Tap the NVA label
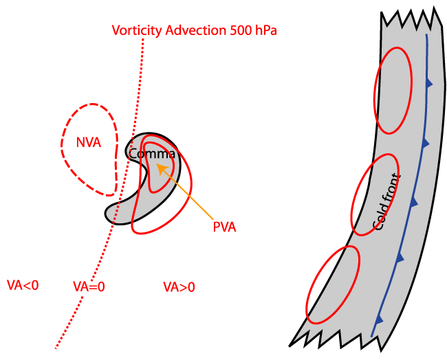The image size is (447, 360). pos(89,143)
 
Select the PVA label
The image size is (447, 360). pos(224,227)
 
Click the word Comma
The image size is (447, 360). pos(152,154)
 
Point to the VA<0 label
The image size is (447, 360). pos(22,285)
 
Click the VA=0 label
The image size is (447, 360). pos(89,286)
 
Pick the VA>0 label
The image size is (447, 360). pos(179,286)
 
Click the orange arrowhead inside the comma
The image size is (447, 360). pos(160,168)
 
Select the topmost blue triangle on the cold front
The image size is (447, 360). pos(430,83)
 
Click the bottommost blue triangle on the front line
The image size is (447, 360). pos(378,319)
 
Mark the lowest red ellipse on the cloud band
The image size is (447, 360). pos(333,284)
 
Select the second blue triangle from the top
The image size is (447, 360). pos(425,142)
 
